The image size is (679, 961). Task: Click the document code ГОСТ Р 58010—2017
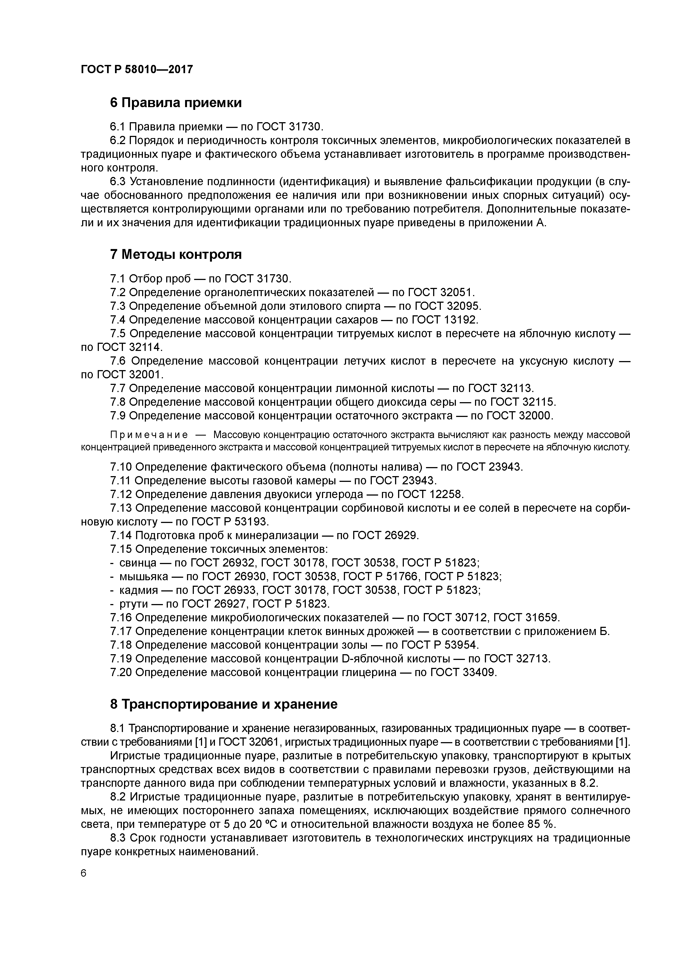pyautogui.click(x=137, y=69)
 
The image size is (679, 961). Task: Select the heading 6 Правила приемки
pyautogui.click(x=176, y=102)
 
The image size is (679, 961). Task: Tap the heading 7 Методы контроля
pyautogui.click(x=176, y=254)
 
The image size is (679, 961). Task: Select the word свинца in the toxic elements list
pyautogui.click(x=138, y=562)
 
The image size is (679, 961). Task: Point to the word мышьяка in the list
pyautogui.click(x=143, y=576)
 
